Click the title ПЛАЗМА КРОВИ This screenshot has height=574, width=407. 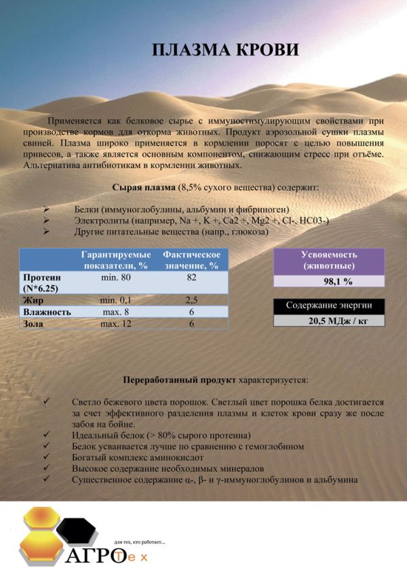225,51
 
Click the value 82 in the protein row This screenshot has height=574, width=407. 192,278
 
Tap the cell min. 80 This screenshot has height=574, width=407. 115,278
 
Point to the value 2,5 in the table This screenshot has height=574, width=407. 192,300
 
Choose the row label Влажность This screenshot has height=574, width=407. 47,312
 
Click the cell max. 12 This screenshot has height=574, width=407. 115,324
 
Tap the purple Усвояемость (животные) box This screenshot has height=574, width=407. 328,261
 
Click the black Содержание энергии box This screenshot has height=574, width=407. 328,306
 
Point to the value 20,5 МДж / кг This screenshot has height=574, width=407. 328,321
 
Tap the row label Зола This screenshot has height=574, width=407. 34,324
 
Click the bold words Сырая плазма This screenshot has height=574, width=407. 142,186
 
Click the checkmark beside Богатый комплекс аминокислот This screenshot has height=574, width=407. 45,457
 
